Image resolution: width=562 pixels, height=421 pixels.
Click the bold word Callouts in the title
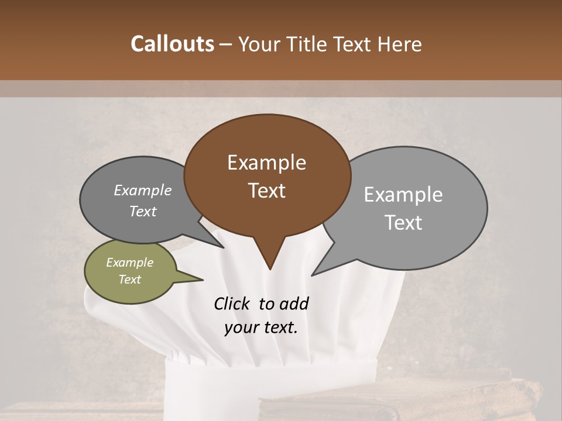click(173, 44)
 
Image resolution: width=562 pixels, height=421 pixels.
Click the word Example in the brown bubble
click(266, 163)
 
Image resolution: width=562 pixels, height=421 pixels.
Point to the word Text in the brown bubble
click(266, 191)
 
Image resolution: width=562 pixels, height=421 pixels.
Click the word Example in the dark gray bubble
click(143, 190)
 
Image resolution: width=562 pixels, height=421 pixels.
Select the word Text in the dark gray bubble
click(143, 211)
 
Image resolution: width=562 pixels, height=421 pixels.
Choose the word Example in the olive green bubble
click(130, 263)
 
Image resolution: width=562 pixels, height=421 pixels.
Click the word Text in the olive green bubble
click(130, 279)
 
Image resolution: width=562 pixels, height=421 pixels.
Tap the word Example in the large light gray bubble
click(403, 195)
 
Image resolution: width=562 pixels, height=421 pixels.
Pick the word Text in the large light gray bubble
click(403, 223)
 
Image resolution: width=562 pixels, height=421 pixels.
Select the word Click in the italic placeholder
click(232, 303)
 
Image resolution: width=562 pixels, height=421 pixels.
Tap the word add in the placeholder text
click(294, 303)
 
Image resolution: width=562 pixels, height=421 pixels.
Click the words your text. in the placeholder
click(261, 327)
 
